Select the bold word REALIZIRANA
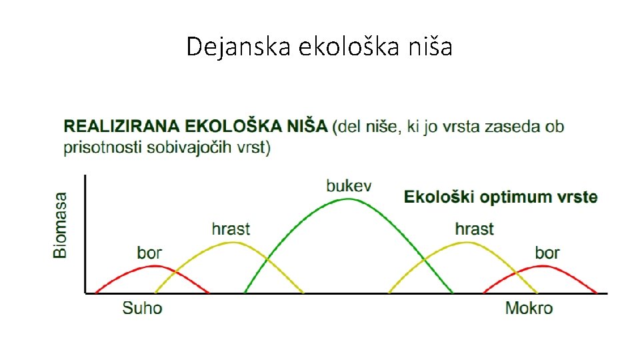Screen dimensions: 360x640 121,126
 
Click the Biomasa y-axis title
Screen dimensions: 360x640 61,225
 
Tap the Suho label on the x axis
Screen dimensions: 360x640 142,307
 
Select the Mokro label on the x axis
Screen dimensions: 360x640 529,307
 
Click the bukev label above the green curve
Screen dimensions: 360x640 348,185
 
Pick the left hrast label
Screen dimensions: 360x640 231,229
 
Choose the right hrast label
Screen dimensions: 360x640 474,229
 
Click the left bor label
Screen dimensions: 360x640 149,253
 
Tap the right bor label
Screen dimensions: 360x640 547,253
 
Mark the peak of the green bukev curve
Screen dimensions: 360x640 348,199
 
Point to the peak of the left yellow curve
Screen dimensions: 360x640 231,242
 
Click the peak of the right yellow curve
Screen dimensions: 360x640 467,242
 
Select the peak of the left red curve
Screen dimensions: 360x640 154,265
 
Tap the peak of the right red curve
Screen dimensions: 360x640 543,265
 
